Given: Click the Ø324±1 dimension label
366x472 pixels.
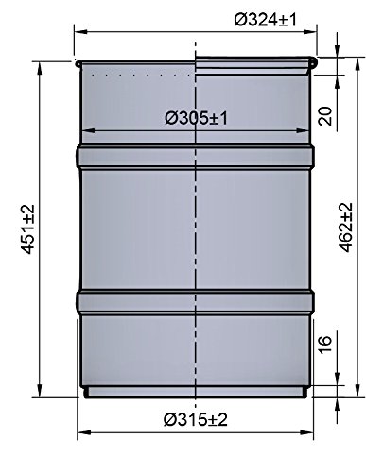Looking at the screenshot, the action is point(265,20).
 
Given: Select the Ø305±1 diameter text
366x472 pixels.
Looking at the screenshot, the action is point(196,119).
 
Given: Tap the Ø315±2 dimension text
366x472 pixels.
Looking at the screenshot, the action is point(196,419).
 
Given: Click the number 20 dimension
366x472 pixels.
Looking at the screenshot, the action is point(325,116).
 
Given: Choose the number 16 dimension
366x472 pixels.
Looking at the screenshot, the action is point(324,345).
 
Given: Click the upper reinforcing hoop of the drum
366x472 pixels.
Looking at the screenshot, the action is point(195,156).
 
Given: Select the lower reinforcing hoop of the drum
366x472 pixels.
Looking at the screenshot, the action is point(195,302).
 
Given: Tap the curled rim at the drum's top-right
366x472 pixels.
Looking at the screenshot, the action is point(313,62).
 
